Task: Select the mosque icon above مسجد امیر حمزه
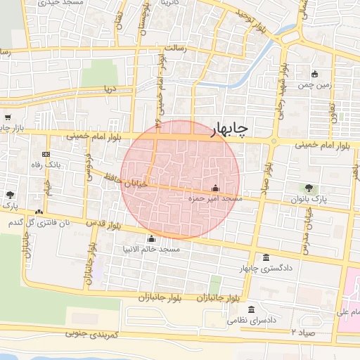(x=215, y=188)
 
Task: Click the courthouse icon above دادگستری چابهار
(x=265, y=257)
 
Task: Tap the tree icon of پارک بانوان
(x=309, y=187)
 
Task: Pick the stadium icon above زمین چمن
(x=314, y=74)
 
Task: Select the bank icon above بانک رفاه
(x=46, y=154)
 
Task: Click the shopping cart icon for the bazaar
(x=7, y=117)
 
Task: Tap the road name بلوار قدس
(x=100, y=224)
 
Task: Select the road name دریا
(x=109, y=89)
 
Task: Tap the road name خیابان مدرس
(x=307, y=224)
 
